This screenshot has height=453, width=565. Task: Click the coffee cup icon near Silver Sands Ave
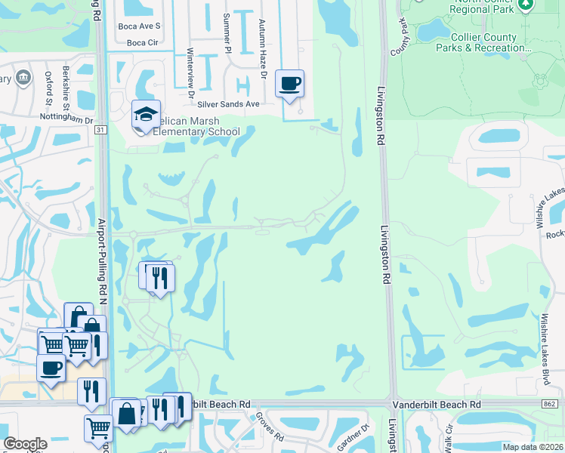(289, 84)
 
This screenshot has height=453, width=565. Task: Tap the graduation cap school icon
(146, 115)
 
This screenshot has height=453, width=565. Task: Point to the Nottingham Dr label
(67, 119)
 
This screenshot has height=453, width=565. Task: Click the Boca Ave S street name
(140, 26)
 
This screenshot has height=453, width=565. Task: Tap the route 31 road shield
(100, 130)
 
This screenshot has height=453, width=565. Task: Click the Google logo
(25, 444)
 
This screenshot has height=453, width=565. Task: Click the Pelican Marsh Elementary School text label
(190, 126)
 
